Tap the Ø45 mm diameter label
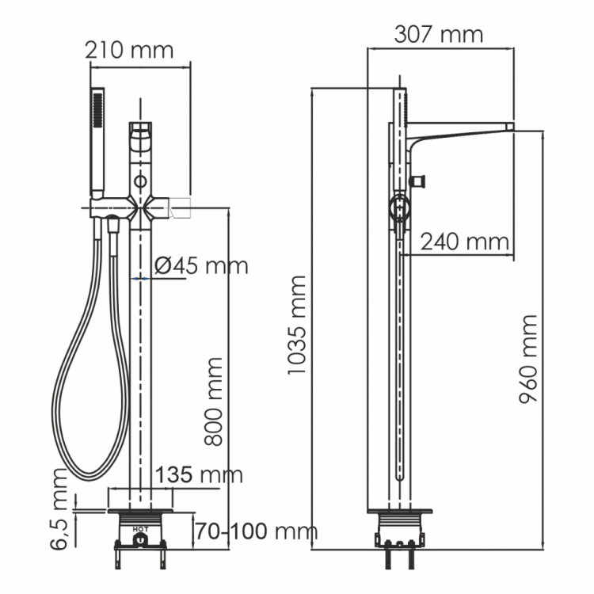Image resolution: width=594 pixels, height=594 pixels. coord(201,265)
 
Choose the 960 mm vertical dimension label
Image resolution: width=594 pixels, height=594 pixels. coord(528,358)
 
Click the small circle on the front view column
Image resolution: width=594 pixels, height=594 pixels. coord(140,181)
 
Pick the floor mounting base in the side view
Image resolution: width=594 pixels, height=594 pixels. coord(400,524)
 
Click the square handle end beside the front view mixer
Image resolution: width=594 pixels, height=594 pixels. coord(183,208)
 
